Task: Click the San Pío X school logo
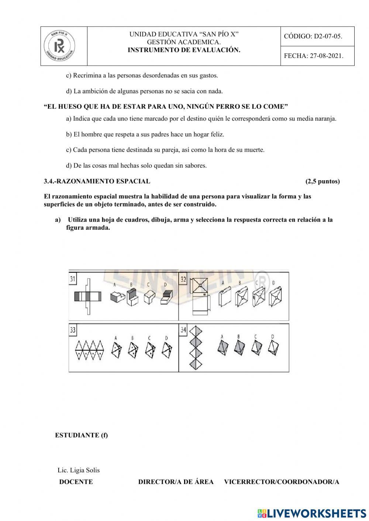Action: click(x=59, y=46)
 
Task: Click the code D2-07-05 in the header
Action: click(x=313, y=37)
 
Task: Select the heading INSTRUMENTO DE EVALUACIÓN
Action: click(x=184, y=50)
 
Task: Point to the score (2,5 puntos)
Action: click(x=323, y=181)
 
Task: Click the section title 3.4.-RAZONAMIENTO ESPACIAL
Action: click(x=97, y=181)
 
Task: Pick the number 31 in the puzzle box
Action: click(x=73, y=279)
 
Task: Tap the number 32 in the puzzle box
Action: click(x=183, y=279)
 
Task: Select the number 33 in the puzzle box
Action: click(x=73, y=330)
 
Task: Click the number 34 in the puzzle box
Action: click(x=183, y=330)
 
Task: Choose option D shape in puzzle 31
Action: click(x=166, y=296)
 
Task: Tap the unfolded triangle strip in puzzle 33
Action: click(x=90, y=350)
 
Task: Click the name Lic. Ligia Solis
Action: click(x=79, y=470)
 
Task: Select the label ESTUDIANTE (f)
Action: click(x=81, y=435)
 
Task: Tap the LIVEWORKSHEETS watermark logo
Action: click(x=312, y=513)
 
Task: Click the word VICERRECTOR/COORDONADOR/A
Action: click(x=281, y=482)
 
